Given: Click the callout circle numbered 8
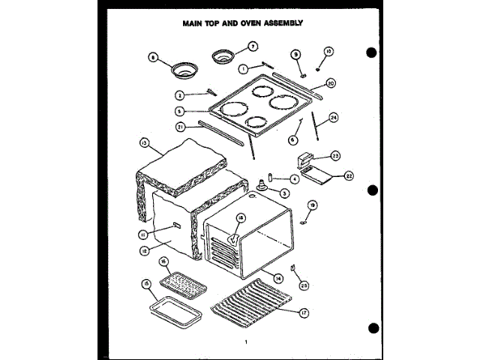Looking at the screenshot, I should click(x=154, y=57).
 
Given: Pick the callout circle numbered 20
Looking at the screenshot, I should click(x=331, y=83).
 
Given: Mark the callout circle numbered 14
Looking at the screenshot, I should click(x=278, y=278).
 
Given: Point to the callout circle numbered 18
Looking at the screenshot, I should click(x=241, y=218).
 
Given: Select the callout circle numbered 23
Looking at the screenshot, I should click(x=335, y=156).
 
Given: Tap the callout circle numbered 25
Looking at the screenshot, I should click(x=304, y=284).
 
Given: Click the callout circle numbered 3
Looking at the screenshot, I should click(x=285, y=193).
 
